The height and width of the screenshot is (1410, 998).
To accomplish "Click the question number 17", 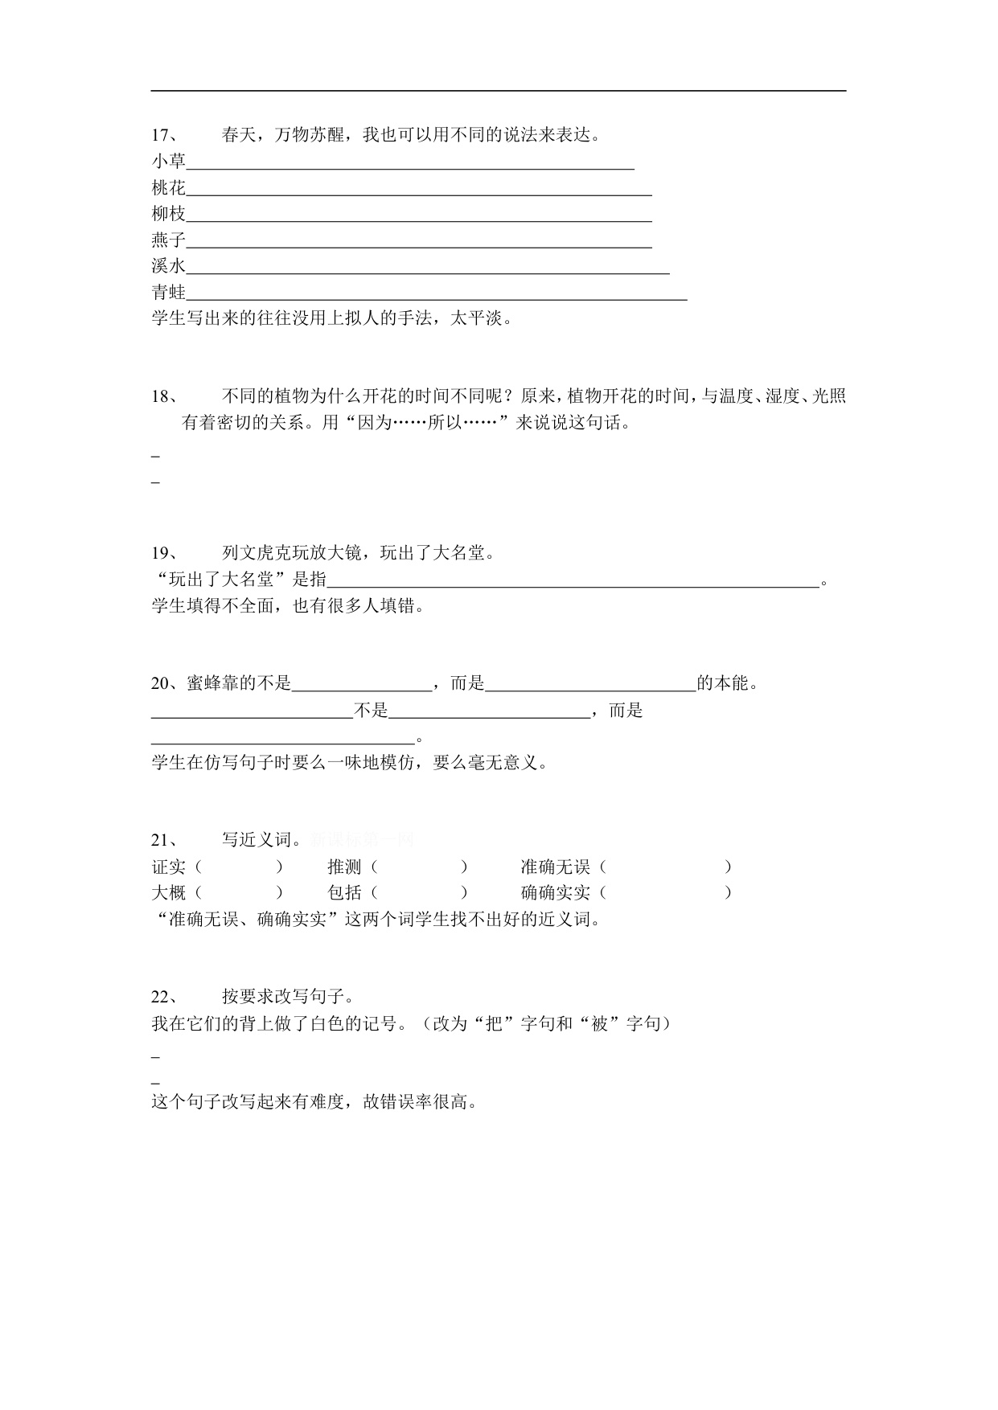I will click(163, 136).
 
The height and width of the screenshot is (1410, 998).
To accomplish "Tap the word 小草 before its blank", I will click(168, 162).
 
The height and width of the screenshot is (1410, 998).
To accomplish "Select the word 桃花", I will click(168, 188).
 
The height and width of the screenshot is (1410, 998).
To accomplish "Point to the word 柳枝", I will click(168, 214).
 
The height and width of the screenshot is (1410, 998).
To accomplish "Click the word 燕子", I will click(168, 240).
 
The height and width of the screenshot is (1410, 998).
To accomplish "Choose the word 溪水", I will click(168, 266).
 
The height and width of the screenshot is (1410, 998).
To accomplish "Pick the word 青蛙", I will click(168, 293).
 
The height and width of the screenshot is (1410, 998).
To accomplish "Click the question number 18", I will click(163, 396).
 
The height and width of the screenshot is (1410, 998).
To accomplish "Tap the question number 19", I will click(163, 553).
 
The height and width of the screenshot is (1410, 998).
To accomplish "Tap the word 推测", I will click(344, 867).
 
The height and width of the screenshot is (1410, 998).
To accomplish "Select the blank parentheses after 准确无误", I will click(665, 867).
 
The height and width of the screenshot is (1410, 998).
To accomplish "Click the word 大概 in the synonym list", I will click(168, 893).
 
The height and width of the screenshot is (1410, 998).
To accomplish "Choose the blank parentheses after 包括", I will click(420, 893).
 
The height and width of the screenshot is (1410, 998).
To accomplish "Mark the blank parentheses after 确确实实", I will click(665, 893).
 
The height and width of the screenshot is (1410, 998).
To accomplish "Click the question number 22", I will click(163, 998).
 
